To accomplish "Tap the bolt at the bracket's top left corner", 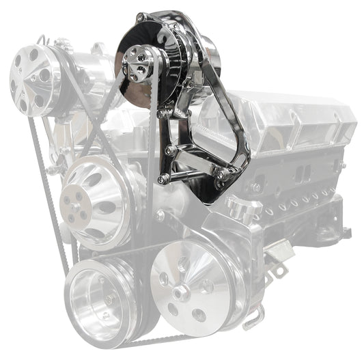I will tap(140, 17).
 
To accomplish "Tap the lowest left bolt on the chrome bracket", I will tap(163, 179).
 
